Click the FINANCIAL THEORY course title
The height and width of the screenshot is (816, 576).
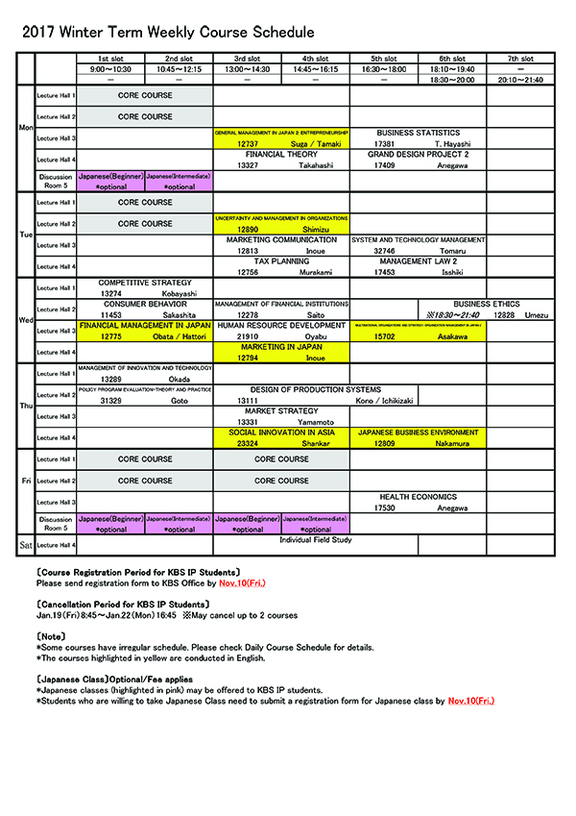tap(281, 154)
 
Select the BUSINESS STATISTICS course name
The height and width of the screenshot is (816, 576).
tap(418, 133)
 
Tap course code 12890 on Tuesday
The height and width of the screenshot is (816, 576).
tap(249, 230)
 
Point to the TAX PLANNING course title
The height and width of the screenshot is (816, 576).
tap(281, 260)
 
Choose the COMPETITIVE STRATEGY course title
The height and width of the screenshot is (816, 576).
tap(145, 283)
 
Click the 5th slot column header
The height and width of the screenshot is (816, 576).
tap(383, 59)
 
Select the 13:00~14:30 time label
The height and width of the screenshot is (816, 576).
tap(247, 69)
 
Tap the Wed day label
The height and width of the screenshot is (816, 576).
tap(27, 319)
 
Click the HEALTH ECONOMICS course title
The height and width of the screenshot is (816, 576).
tap(418, 497)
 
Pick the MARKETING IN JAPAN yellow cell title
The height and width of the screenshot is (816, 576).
tap(281, 347)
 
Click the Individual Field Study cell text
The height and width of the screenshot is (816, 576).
tap(315, 540)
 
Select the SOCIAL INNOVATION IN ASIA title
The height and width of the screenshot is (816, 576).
tap(281, 433)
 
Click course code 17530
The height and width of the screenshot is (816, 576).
tap(385, 507)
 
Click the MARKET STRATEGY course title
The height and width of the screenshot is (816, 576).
tap(281, 411)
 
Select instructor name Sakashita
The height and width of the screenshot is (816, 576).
tap(179, 314)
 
